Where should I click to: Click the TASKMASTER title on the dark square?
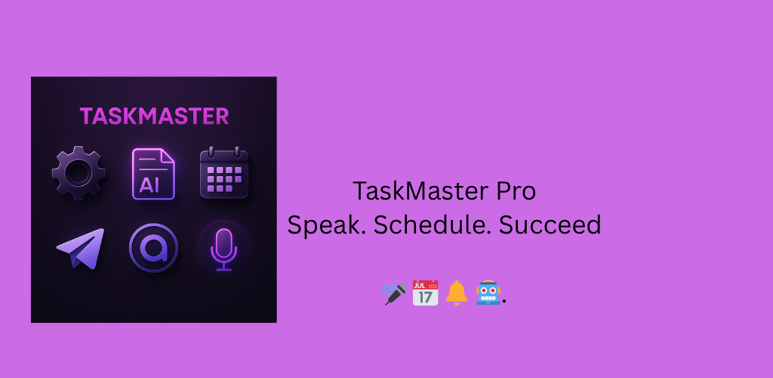(154, 116)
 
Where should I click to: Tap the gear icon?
(79, 173)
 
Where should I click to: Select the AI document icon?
(153, 174)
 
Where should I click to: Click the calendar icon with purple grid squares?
(224, 172)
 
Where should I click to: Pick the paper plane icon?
(82, 248)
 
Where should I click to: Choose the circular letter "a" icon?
(153, 248)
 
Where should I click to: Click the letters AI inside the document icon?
(149, 184)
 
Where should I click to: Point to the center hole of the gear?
(79, 173)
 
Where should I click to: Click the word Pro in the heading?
(516, 191)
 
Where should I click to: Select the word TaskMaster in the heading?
(421, 191)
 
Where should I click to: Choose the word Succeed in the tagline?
(550, 225)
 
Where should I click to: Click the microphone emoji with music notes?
(394, 293)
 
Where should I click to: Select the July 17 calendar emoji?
(425, 293)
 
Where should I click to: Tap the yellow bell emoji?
(457, 293)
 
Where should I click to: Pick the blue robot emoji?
(488, 293)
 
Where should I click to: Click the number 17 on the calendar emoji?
(425, 297)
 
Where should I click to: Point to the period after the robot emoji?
(504, 302)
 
